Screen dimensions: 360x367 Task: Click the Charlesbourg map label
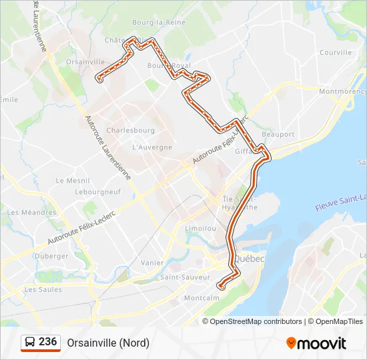[130, 130]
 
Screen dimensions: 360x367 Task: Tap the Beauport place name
[278, 134]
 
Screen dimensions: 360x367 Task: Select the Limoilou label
[201, 228]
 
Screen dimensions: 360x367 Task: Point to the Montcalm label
[202, 298]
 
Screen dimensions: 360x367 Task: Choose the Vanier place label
[152, 263]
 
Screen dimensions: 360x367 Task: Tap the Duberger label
[51, 255]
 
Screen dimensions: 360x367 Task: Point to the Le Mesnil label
[68, 180]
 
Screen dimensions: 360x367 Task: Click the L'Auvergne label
[152, 147]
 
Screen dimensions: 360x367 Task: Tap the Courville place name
[335, 52]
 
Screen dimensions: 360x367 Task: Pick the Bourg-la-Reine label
[158, 22]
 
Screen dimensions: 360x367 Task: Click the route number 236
[47, 342]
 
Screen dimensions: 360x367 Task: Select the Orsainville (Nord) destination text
[108, 343]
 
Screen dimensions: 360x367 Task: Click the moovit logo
[316, 343]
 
